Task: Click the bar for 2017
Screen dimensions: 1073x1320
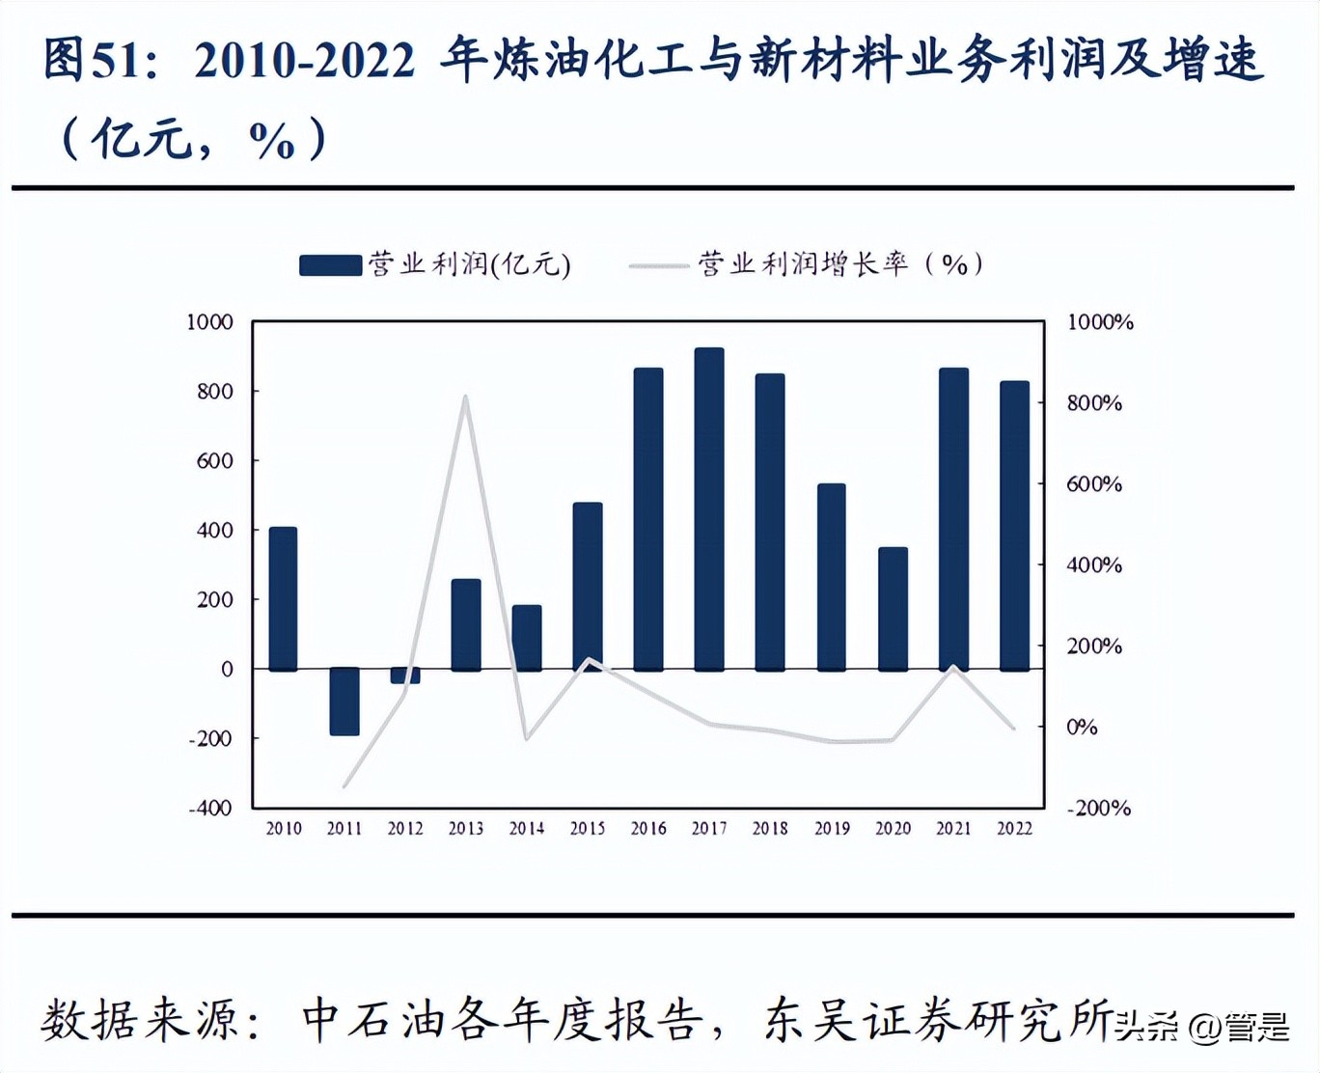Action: tap(709, 509)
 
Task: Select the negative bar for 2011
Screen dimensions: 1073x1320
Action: tap(344, 702)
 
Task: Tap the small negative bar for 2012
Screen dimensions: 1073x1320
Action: tap(405, 675)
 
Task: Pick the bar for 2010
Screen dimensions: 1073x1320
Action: tap(283, 598)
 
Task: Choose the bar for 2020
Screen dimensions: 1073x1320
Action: tap(893, 608)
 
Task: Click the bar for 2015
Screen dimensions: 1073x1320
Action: tap(588, 586)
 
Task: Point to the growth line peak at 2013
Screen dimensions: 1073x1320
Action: tap(465, 397)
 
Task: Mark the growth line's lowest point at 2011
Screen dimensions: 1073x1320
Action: tap(344, 786)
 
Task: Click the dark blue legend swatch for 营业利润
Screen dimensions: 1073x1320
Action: tap(330, 265)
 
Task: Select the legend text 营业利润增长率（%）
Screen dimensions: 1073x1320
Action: tap(840, 264)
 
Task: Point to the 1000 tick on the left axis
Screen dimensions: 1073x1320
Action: tap(209, 322)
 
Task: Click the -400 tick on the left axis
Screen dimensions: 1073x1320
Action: tap(209, 808)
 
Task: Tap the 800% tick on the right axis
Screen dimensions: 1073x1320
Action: tap(1094, 403)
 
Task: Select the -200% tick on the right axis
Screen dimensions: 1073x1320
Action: tap(1098, 808)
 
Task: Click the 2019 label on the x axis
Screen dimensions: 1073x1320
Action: tap(832, 828)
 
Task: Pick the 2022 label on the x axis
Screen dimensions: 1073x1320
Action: tap(1014, 828)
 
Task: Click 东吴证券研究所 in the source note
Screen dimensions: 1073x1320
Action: tap(936, 1021)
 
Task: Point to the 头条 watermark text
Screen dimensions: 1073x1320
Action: tap(1148, 1027)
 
